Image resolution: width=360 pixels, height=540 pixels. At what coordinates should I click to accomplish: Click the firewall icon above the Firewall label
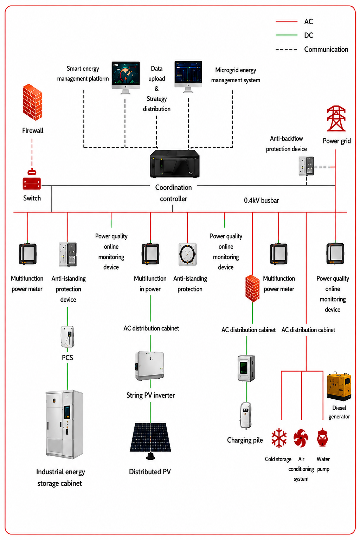(32, 102)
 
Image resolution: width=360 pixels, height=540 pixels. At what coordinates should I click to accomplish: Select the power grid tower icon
(336, 118)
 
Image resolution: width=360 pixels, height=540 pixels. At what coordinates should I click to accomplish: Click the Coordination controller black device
(175, 164)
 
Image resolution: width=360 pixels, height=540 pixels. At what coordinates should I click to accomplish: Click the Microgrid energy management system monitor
(188, 77)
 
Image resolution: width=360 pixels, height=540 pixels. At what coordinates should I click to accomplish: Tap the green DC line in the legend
(287, 35)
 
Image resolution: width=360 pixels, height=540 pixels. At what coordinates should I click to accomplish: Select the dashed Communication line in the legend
(287, 50)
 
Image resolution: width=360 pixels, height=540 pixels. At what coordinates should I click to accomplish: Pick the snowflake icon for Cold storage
(279, 438)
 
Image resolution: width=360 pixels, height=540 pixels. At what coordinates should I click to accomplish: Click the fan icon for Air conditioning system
(301, 438)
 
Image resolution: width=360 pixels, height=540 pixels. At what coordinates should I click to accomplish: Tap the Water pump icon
(322, 437)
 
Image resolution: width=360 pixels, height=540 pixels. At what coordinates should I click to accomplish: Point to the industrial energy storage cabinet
(64, 424)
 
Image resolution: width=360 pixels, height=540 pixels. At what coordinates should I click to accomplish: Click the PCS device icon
(67, 336)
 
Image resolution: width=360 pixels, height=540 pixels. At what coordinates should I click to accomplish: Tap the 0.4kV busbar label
(261, 200)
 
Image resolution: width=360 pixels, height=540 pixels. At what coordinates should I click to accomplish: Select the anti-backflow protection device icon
(306, 166)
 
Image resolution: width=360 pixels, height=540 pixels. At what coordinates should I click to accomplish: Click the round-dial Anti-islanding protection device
(187, 254)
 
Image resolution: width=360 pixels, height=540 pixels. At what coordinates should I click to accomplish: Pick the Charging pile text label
(245, 440)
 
